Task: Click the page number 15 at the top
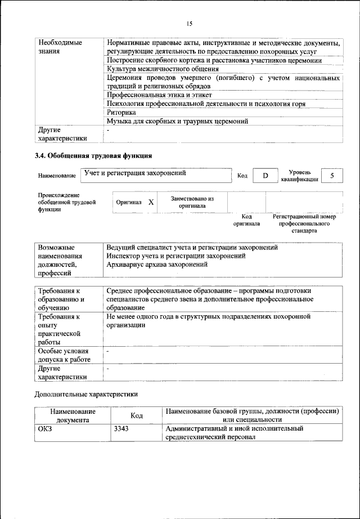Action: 189,24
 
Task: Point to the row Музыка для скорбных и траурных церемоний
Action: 177,120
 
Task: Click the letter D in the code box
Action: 265,176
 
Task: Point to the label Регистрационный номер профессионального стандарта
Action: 304,223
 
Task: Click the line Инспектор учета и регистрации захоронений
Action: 175,256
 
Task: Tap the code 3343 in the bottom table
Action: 121,428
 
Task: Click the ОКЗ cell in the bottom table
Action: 45,428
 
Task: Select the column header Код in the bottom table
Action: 136,415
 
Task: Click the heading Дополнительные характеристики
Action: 86,395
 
